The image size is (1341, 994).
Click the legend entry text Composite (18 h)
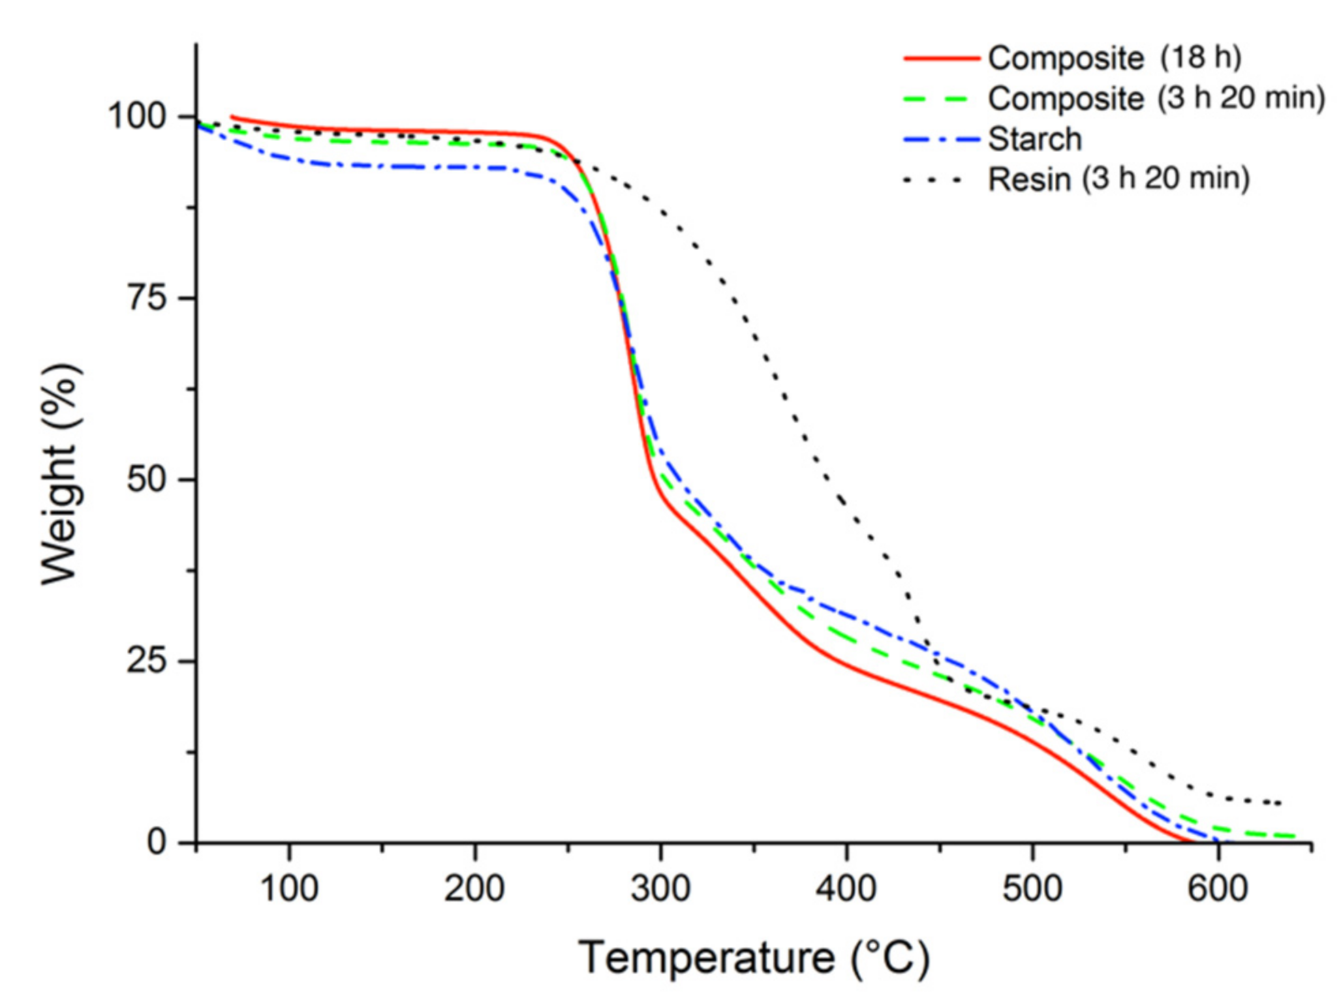point(1114,58)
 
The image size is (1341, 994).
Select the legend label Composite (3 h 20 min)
point(1156,98)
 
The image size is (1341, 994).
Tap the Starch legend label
point(1034,139)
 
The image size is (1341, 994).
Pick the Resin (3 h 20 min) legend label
point(1118,179)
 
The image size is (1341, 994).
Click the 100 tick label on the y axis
point(137,116)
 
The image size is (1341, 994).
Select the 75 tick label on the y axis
point(147,298)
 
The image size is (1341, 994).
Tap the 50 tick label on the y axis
point(147,479)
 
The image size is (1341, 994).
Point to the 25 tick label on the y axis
point(147,661)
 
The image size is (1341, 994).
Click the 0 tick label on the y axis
point(157,843)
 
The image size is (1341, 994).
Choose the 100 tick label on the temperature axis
point(289,889)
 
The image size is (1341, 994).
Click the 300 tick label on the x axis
point(660,889)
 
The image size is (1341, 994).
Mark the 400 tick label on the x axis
point(846,889)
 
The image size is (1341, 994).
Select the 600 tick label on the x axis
point(1218,889)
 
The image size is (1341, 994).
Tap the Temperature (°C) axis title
point(754,957)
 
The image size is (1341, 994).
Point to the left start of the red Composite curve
point(232,117)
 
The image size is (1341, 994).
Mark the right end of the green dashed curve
point(1293,836)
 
